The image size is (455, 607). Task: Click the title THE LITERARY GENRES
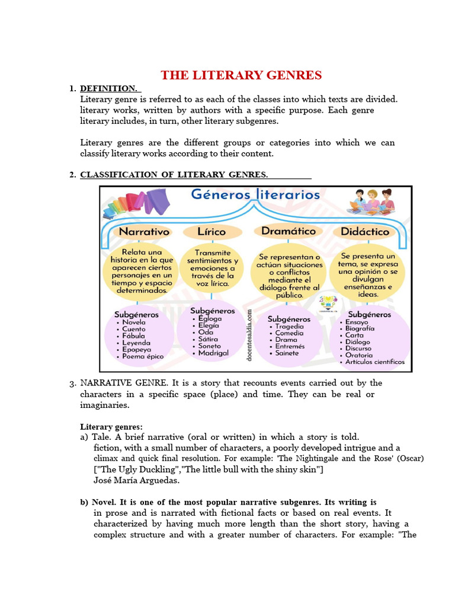[242, 75]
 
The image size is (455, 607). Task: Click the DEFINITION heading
[108, 88]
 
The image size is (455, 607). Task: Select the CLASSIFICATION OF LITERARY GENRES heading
[174, 174]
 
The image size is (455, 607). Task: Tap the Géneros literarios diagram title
[255, 194]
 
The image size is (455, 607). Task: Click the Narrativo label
[144, 232]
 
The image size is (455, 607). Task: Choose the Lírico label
[212, 232]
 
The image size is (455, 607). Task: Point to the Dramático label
[288, 231]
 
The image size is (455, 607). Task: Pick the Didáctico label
[365, 232]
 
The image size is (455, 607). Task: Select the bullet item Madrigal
[213, 353]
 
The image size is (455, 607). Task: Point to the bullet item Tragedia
[289, 326]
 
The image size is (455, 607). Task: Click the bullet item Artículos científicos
[375, 362]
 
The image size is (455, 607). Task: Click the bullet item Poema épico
[142, 357]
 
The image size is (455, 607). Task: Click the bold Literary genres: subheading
[111, 426]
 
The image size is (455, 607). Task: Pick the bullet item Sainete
[287, 353]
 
